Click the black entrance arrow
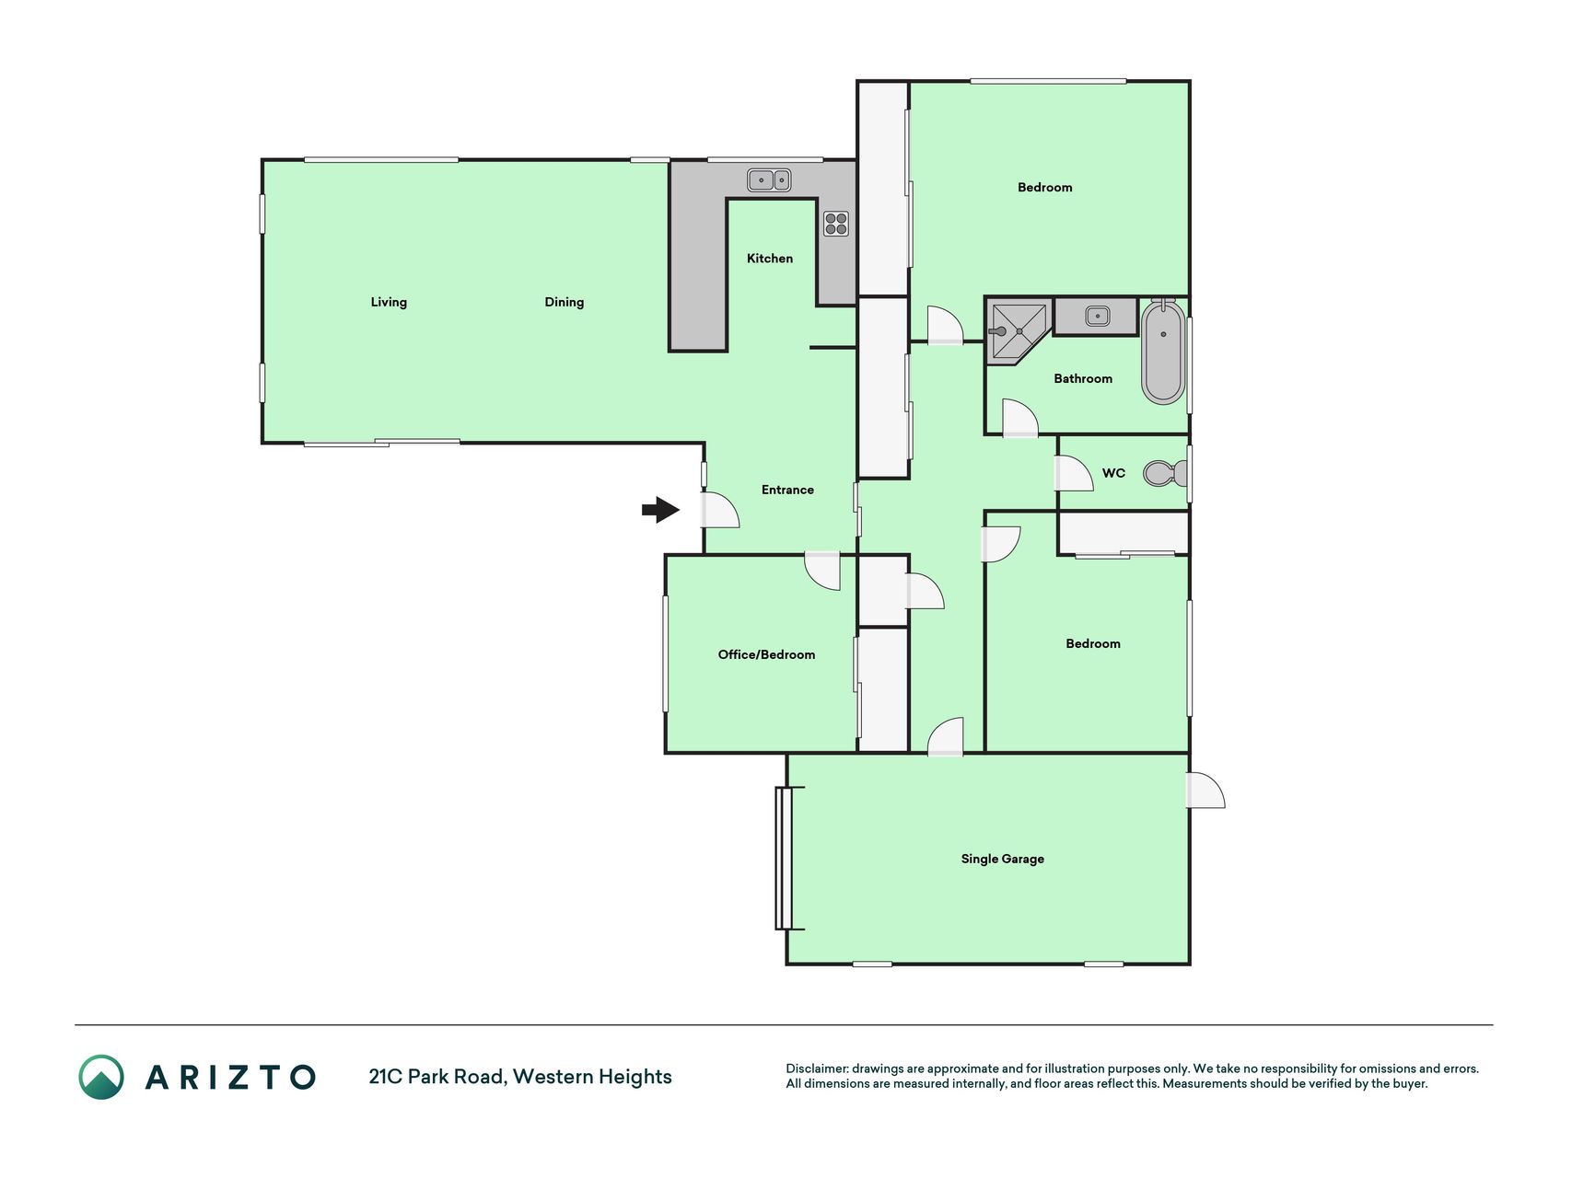coord(660,509)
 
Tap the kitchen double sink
coord(769,179)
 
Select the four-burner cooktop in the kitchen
coord(836,223)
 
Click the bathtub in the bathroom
coord(1163,352)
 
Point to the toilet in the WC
coord(1164,473)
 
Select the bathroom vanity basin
coord(1097,317)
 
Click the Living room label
coord(389,302)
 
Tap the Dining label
coord(565,302)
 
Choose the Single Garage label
coord(1003,859)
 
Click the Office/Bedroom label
coord(766,654)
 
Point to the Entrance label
coord(787,490)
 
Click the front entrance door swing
coord(720,510)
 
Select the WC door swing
coord(1074,473)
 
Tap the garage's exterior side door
coord(1205,791)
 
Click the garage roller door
coord(784,858)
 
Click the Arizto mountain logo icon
coord(101,1077)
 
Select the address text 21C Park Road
coord(437,1076)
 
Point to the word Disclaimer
coord(817,1068)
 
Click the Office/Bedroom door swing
coord(822,571)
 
